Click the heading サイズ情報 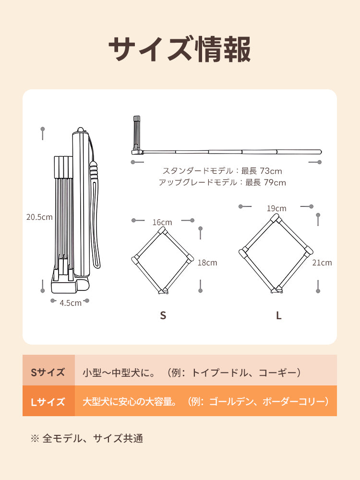[x=180, y=49]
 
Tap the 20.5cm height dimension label [x=39, y=216]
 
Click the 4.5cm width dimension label [x=71, y=302]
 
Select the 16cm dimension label [x=162, y=222]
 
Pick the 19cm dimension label [x=276, y=208]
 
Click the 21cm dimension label [x=322, y=263]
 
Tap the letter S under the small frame [x=163, y=315]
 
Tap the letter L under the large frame [x=278, y=315]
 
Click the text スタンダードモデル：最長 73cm [x=222, y=171]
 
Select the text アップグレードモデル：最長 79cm [x=222, y=182]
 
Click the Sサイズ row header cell [x=48, y=372]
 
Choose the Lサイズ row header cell [x=48, y=402]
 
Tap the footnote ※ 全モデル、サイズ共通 [x=87, y=438]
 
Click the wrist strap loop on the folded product [x=97, y=226]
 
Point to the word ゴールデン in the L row [x=232, y=401]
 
